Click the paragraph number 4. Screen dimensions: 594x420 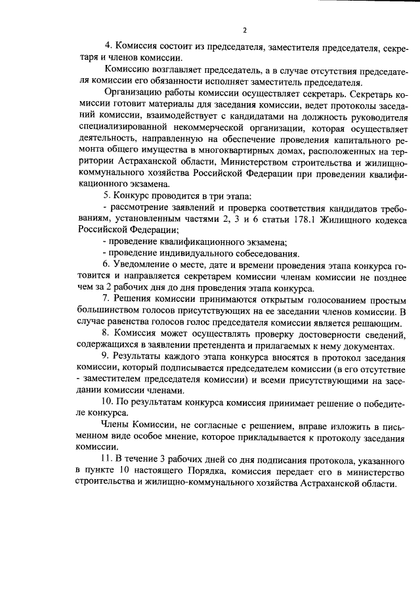pos(109,46)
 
